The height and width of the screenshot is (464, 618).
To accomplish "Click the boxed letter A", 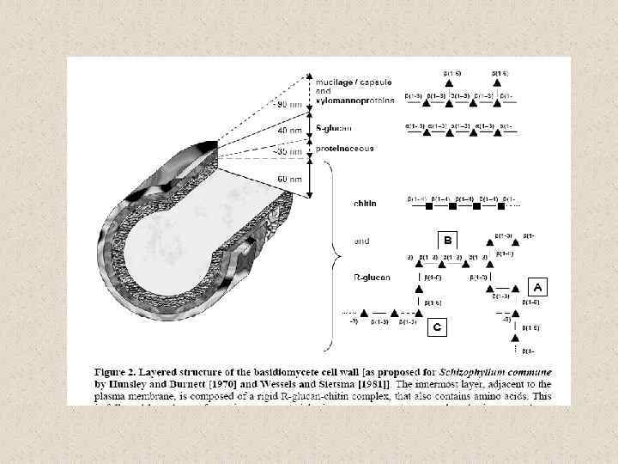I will (537, 285).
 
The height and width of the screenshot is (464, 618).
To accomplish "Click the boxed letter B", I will (447, 239).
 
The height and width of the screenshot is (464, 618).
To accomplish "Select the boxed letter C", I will (438, 327).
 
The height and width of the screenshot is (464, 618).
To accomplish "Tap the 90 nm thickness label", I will (289, 104).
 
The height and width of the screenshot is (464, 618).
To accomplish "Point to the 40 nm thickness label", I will (289, 130).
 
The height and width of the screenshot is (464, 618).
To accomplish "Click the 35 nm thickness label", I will (289, 151).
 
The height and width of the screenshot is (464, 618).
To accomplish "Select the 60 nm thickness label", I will (289, 180).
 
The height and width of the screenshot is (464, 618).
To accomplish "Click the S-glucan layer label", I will (332, 127).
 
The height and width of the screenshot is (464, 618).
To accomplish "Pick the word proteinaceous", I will (343, 148).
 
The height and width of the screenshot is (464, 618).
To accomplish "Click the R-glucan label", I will (370, 279).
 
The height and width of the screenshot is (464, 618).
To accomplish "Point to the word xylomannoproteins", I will (355, 100).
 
